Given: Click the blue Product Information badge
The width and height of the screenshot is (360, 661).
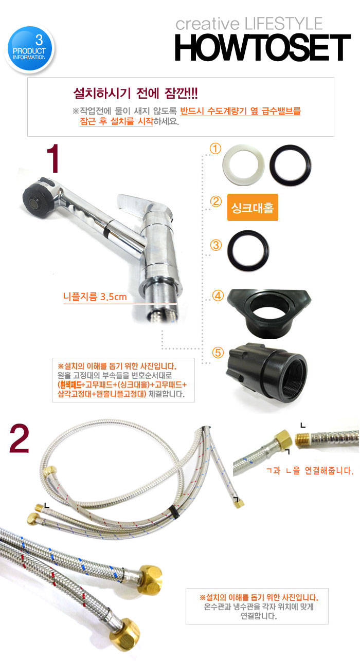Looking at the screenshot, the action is pyautogui.click(x=29, y=49).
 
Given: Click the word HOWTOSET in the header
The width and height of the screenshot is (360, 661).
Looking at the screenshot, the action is pyautogui.click(x=263, y=47).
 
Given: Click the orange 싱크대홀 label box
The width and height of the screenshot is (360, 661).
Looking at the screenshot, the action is pyautogui.click(x=253, y=208).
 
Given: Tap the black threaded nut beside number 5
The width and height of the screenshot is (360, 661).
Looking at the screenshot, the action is pyautogui.click(x=267, y=373).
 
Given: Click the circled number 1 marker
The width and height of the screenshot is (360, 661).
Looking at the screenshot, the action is pyautogui.click(x=215, y=149).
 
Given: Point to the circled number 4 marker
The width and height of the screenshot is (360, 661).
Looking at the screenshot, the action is pyautogui.click(x=218, y=296).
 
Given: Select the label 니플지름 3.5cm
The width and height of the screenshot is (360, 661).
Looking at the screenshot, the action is pyautogui.click(x=95, y=297).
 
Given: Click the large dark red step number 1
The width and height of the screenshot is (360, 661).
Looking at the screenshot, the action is pyautogui.click(x=53, y=158).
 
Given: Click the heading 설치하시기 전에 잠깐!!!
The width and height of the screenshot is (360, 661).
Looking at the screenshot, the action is pyautogui.click(x=135, y=94).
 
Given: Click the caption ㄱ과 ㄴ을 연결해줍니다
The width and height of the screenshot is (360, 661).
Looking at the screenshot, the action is pyautogui.click(x=310, y=470).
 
